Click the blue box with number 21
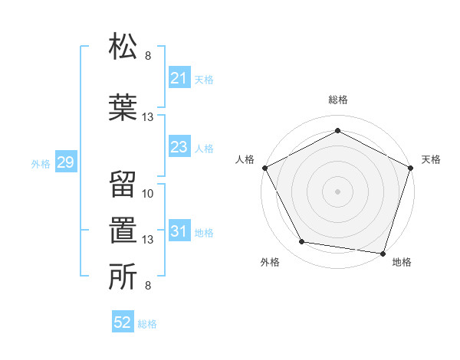[179, 77]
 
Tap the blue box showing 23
[179, 147]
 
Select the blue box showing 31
[179, 231]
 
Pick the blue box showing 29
[64, 163]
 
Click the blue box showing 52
[122, 322]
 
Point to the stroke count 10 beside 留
[149, 194]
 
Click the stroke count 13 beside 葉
[149, 117]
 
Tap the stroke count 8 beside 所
[148, 286]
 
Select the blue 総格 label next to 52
[147, 324]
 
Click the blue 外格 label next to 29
[40, 164]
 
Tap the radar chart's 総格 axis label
[337, 100]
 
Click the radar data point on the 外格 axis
[302, 242]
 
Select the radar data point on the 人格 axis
[264, 167]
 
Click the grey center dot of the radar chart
[337, 191]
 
